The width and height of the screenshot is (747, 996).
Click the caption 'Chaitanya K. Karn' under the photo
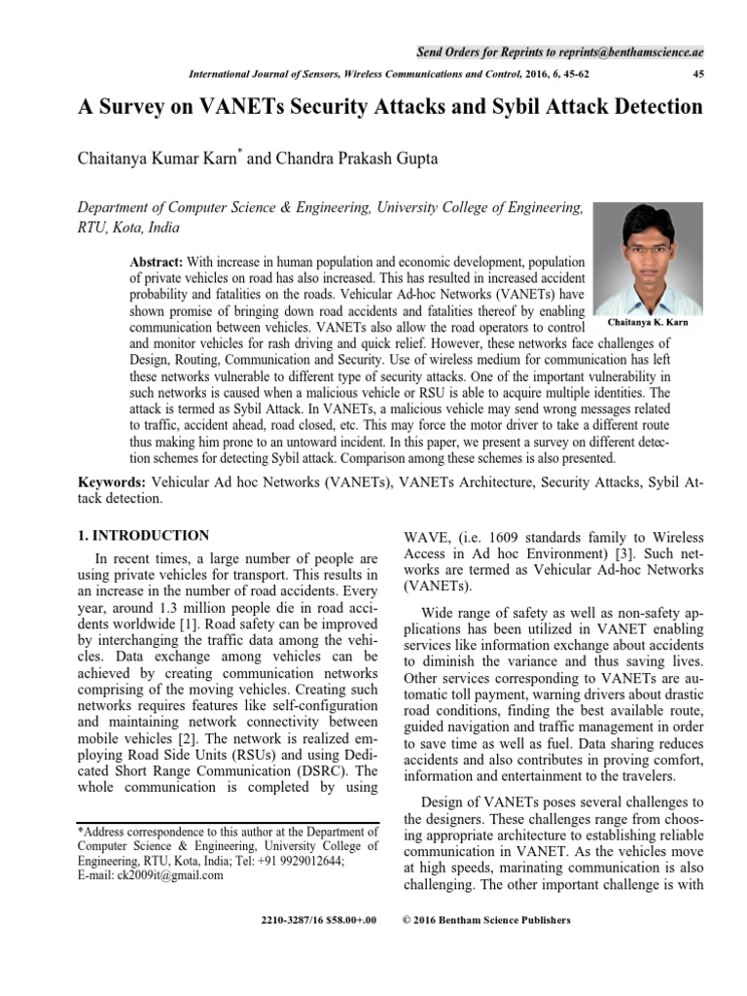tap(647, 320)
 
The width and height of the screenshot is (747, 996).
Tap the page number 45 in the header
tap(696, 74)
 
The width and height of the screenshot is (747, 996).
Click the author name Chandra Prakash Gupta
tap(331, 158)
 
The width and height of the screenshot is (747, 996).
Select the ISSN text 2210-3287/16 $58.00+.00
tap(319, 919)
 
